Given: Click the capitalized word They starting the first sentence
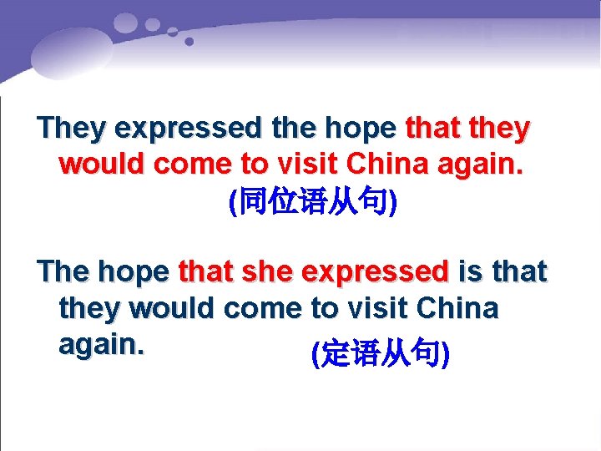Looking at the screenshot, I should pyautogui.click(x=73, y=129).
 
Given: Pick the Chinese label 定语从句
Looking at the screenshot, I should pyautogui.click(x=380, y=356).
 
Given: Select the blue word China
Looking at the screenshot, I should pyautogui.click(x=457, y=309).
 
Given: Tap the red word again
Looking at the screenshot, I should pyautogui.click(x=482, y=164).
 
